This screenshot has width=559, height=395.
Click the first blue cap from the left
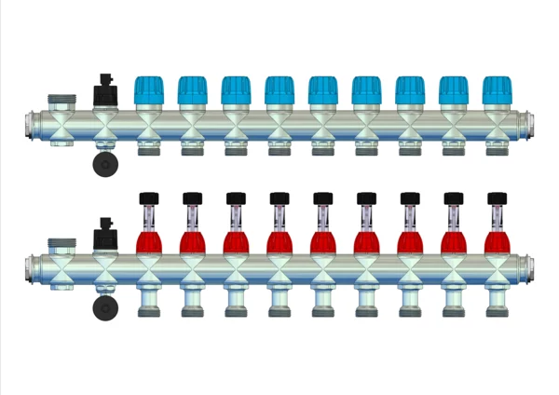pos(148,90)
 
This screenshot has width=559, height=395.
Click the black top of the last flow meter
pos(496,197)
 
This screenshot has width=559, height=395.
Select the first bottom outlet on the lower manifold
pos(148,304)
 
